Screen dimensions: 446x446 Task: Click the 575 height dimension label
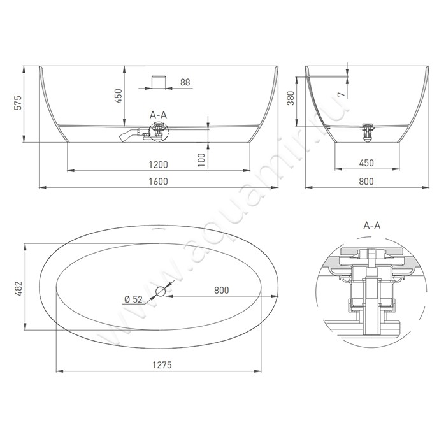click(x=18, y=103)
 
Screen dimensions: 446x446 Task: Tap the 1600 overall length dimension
click(x=159, y=182)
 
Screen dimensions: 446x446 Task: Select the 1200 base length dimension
click(x=159, y=164)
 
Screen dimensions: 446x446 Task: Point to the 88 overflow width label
click(x=185, y=82)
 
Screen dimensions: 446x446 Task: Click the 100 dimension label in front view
click(x=201, y=159)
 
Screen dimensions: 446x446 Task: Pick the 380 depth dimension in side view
click(x=291, y=98)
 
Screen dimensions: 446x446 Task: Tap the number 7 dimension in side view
click(x=342, y=94)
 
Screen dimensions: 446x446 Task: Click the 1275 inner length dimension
click(x=162, y=365)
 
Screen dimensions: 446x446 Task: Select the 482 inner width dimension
click(x=18, y=289)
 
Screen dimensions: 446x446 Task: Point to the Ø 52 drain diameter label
click(x=133, y=299)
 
